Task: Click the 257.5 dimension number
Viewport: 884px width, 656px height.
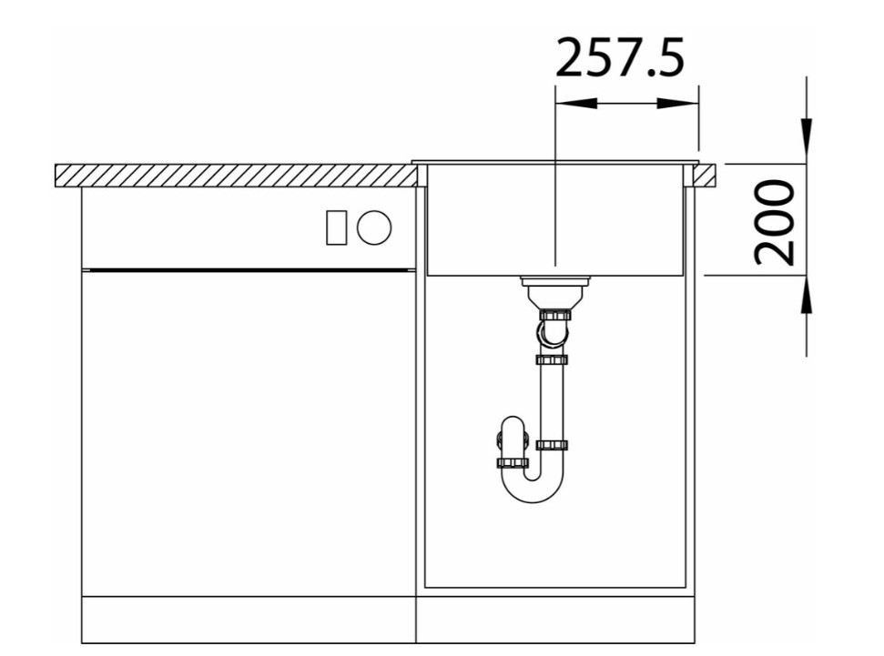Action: pos(620,57)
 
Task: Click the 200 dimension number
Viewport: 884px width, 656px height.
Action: pos(774,222)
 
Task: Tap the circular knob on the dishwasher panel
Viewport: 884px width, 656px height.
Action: pos(374,227)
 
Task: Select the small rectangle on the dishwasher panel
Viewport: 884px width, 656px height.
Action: pos(337,227)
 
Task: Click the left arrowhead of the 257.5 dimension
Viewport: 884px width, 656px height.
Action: pos(576,103)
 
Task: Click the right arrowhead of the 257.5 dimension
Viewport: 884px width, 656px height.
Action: pos(678,103)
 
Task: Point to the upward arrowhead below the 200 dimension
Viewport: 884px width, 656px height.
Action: pos(807,294)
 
